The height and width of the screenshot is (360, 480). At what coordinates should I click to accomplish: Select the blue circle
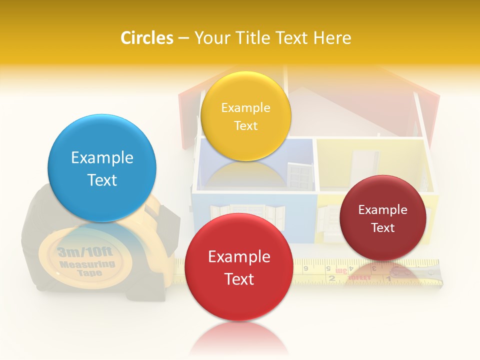click(102, 168)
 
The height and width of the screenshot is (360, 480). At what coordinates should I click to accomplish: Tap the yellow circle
click(245, 116)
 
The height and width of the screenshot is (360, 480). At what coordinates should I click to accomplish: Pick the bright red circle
click(238, 267)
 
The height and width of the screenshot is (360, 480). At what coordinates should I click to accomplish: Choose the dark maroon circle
click(382, 218)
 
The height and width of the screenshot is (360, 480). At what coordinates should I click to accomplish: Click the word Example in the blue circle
click(102, 158)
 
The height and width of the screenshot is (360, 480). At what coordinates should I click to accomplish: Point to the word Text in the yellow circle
click(245, 125)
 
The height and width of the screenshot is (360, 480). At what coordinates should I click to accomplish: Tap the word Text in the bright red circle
click(239, 279)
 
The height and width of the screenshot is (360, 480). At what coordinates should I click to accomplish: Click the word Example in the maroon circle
click(382, 209)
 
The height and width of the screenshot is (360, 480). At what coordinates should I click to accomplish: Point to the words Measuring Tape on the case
click(87, 267)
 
